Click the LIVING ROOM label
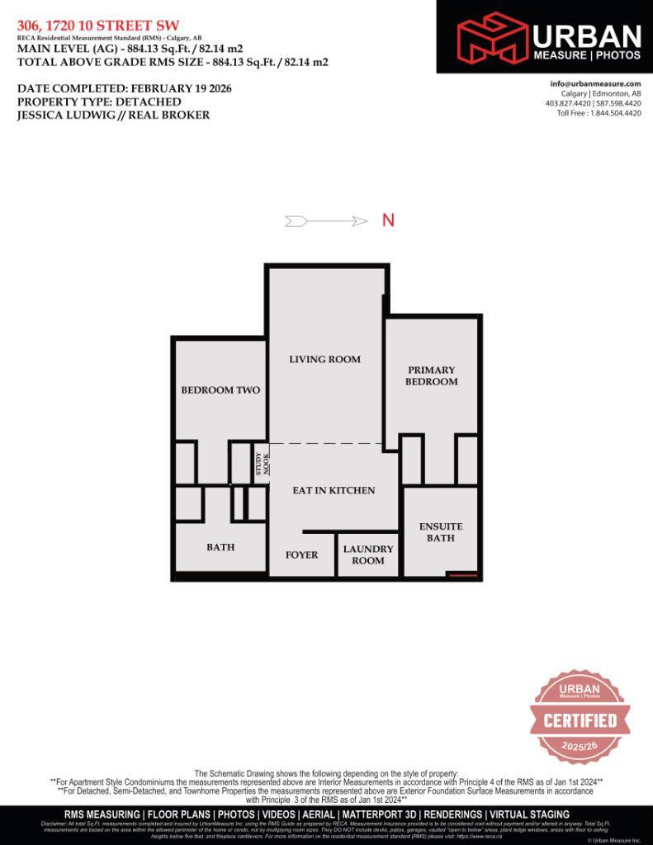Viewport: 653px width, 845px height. click(x=324, y=360)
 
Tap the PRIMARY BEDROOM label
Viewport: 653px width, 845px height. click(x=431, y=376)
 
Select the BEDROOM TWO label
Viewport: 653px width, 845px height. click(x=220, y=390)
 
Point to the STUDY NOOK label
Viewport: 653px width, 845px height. click(x=261, y=464)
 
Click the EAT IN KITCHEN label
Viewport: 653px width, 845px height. click(x=334, y=490)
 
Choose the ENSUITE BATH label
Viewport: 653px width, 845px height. click(x=441, y=532)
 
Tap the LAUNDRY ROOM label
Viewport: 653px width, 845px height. click(x=368, y=555)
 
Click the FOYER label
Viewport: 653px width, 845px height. click(x=301, y=555)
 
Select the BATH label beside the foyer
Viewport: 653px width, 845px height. click(x=220, y=547)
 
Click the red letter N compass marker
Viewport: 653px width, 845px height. click(x=388, y=220)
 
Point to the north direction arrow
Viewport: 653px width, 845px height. click(x=326, y=221)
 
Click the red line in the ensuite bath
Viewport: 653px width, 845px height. click(x=462, y=574)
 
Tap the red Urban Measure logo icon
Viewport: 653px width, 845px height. click(x=493, y=35)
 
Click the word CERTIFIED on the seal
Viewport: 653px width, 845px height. click(x=580, y=720)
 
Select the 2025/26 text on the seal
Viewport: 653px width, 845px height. click(x=579, y=745)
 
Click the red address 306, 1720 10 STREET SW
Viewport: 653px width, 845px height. click(x=97, y=26)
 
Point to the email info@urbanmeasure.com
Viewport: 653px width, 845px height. click(x=595, y=84)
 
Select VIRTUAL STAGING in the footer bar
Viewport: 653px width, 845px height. click(x=528, y=814)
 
